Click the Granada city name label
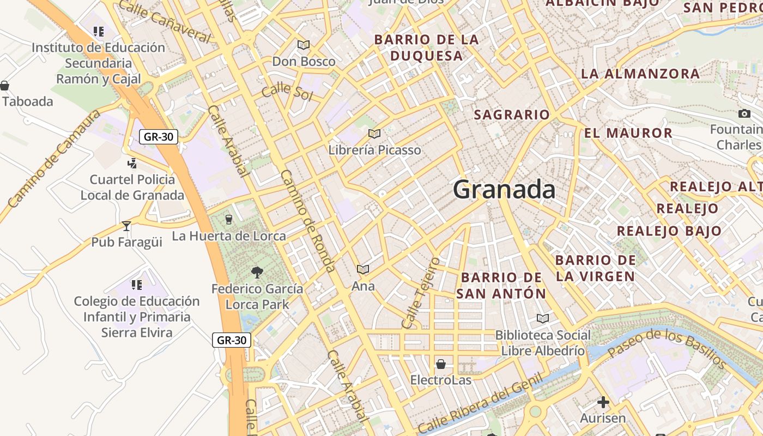[x=504, y=190]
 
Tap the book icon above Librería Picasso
[x=374, y=134]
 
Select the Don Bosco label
[x=304, y=62]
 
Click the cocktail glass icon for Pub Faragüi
[x=126, y=226]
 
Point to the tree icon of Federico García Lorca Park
[x=257, y=272]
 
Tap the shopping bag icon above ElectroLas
[x=441, y=364]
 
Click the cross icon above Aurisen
[x=603, y=403]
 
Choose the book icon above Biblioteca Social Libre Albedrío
[x=543, y=318]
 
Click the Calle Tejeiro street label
[x=420, y=293]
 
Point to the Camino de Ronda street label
[x=308, y=221]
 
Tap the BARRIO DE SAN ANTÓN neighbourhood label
[x=501, y=286]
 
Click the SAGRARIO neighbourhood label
[x=512, y=115]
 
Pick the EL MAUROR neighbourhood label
[x=628, y=133]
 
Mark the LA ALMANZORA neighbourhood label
[x=640, y=74]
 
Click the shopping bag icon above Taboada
[x=5, y=86]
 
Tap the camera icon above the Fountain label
[x=744, y=113]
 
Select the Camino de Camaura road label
[x=55, y=158]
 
